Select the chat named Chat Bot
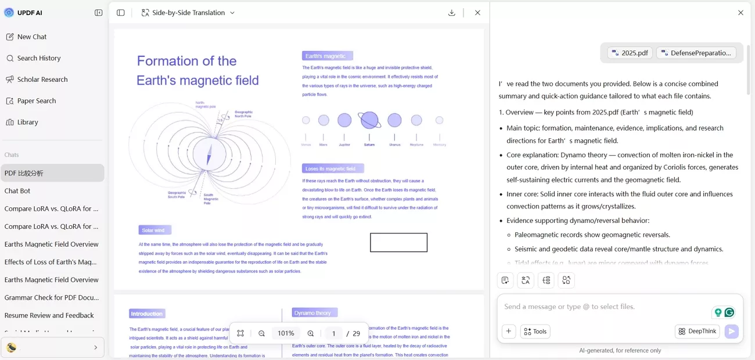click(17, 191)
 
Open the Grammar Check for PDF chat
click(52, 297)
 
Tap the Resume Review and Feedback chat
click(49, 315)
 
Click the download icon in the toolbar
click(452, 13)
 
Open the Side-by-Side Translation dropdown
click(188, 13)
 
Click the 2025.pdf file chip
click(630, 53)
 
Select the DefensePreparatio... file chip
click(696, 53)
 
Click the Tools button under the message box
click(535, 332)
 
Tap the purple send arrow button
click(731, 332)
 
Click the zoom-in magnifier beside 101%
click(311, 333)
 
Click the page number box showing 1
click(334, 333)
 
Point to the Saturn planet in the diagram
click(369, 120)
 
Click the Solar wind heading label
click(153, 230)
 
